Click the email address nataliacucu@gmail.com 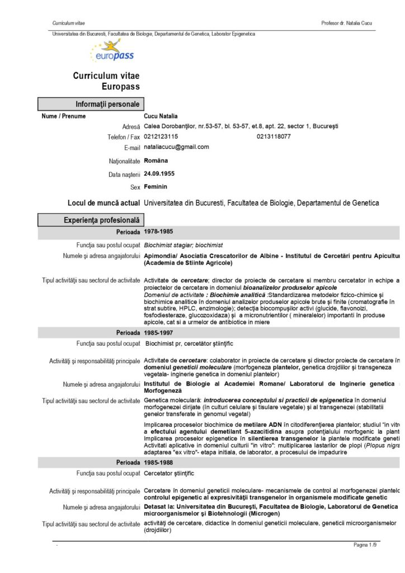tap(176, 147)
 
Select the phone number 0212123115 tap(161, 137)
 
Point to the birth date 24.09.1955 tap(159, 173)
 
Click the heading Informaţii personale tap(107, 104)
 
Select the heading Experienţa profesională tap(101, 220)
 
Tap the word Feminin tap(155, 186)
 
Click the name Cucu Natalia tap(161, 116)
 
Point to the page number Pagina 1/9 tap(365, 545)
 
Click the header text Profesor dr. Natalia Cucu tap(347, 24)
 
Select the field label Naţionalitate tap(124, 161)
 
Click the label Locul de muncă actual tap(103, 203)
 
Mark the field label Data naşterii tap(124, 174)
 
